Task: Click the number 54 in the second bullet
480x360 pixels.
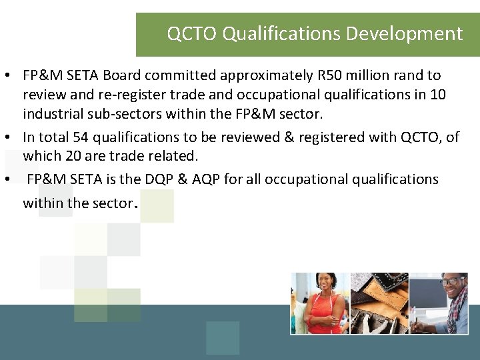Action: [x=83, y=137]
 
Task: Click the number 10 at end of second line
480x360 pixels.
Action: [x=438, y=95]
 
